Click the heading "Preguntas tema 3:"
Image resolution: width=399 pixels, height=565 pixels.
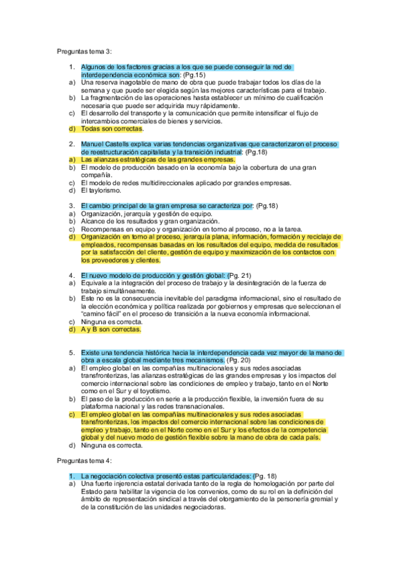(84, 51)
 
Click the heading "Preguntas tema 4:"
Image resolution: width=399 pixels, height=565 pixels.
(84, 460)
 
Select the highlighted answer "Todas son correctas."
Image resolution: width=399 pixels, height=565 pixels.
(112, 129)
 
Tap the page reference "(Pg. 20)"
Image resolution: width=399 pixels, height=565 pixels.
(238, 360)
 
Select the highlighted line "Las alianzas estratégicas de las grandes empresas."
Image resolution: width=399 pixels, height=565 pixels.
(158, 160)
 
